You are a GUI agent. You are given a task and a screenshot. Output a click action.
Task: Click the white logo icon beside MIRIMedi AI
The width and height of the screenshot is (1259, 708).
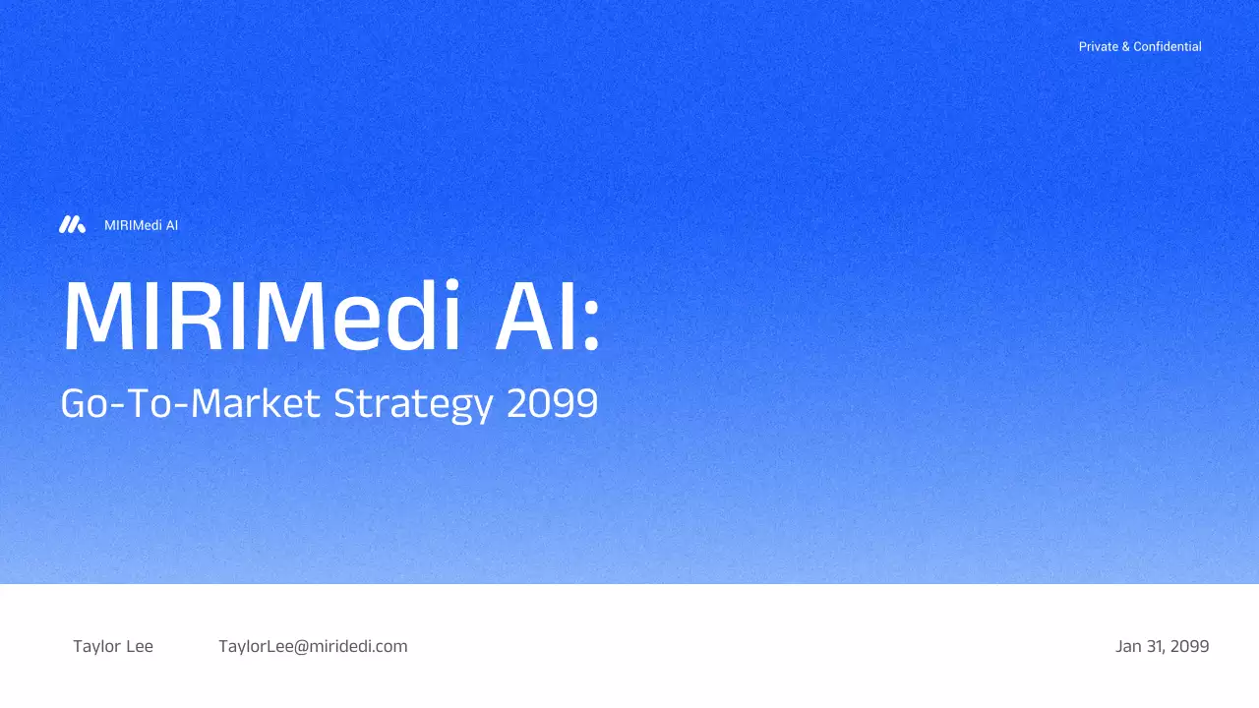point(72,225)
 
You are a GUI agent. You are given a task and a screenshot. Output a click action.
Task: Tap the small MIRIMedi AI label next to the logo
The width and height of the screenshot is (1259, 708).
point(141,225)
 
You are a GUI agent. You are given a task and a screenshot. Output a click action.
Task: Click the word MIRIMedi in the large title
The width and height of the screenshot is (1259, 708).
point(262,318)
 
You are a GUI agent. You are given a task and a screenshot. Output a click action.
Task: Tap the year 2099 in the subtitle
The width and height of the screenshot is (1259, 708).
point(553,404)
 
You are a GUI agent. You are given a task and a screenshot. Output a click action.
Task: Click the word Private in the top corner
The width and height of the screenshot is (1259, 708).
point(1098,46)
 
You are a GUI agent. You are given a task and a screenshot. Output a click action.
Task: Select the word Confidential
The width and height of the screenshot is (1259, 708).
point(1168,46)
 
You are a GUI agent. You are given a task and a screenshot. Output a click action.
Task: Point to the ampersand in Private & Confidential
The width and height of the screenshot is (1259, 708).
point(1125,46)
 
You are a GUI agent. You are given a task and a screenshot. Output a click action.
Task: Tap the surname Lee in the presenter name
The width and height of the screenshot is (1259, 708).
point(140,646)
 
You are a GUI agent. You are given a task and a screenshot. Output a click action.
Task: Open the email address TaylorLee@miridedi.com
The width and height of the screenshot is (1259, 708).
point(313,646)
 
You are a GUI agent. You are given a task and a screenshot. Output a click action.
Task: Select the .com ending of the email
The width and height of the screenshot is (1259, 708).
point(390,646)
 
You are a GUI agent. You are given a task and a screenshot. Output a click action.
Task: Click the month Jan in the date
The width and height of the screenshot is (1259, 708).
point(1128,646)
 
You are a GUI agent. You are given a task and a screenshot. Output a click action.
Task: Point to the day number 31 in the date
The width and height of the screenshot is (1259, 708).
point(1155,646)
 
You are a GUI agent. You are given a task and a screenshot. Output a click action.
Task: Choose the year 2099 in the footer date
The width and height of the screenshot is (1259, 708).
point(1190,646)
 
